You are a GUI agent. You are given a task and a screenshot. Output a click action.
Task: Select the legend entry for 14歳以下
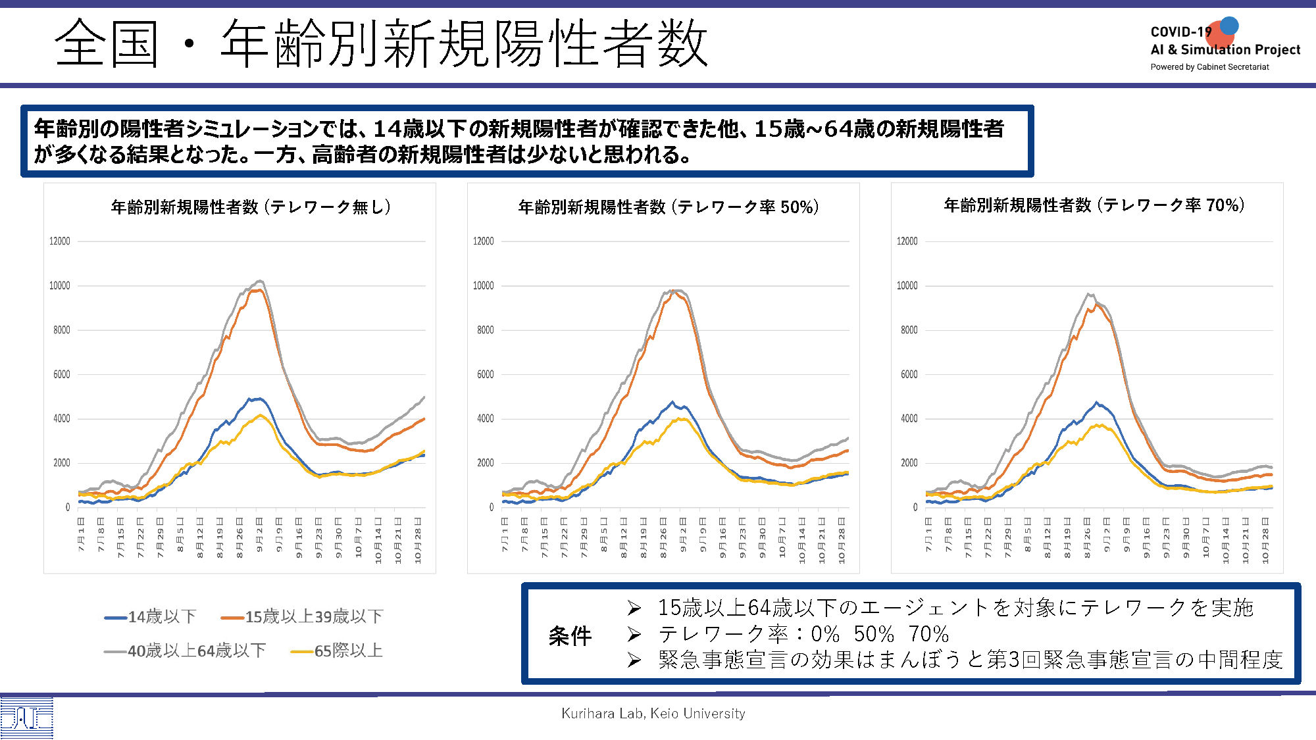(x=151, y=617)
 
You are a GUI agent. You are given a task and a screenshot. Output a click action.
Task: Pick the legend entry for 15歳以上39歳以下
(x=302, y=617)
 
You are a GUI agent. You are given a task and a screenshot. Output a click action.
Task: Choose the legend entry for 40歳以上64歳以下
(x=185, y=651)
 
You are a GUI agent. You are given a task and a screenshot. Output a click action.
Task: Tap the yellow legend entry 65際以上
(x=337, y=651)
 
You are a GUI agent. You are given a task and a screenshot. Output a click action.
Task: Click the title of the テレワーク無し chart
(x=251, y=207)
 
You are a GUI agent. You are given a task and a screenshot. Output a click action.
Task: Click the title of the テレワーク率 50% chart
(x=669, y=207)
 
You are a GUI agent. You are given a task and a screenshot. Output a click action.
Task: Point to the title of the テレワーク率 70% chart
(x=1094, y=205)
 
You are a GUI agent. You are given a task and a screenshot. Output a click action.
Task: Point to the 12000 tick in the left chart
(x=60, y=241)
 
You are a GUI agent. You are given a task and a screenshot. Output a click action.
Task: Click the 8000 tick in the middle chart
(x=486, y=330)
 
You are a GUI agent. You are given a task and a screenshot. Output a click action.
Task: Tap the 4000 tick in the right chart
(x=909, y=419)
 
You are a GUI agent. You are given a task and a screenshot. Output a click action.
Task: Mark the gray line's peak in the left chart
(x=260, y=281)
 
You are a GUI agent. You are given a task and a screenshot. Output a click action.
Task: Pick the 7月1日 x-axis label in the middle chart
(x=505, y=535)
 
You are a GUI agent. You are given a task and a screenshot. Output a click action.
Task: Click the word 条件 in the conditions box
(x=570, y=636)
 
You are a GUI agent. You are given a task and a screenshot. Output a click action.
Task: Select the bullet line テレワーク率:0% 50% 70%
(x=803, y=634)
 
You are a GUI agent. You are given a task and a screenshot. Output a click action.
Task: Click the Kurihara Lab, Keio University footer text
(x=653, y=714)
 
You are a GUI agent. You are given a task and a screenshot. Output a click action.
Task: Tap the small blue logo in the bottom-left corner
(x=26, y=718)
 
